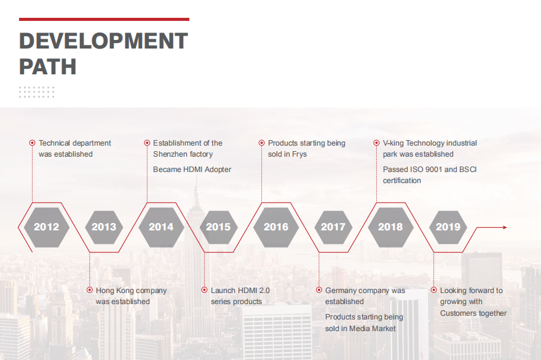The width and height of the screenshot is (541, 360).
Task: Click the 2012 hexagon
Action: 47,227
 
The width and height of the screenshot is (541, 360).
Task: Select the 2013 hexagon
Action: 104,227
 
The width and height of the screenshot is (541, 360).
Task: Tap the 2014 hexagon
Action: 161,227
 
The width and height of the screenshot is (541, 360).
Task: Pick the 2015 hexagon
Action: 218,227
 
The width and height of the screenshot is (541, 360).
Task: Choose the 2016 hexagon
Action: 276,227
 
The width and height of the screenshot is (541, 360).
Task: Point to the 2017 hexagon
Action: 333,227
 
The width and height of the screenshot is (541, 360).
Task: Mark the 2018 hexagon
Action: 390,227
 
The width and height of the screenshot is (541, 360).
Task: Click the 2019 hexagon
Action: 448,227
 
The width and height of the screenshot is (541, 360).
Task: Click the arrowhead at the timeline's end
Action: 505,227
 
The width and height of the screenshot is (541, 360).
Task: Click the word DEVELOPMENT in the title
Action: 103,41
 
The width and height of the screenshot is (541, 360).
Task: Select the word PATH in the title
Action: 47,66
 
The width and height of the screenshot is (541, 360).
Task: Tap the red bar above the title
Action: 104,19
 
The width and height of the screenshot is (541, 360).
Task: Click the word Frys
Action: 299,154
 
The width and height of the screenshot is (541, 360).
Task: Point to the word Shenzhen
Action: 168,154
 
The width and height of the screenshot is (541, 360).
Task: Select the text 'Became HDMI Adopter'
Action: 192,170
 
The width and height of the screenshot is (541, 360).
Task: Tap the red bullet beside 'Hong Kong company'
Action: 90,290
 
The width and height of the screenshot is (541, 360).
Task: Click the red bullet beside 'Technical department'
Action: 32,143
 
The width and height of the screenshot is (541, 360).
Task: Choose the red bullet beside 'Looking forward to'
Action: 433,290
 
